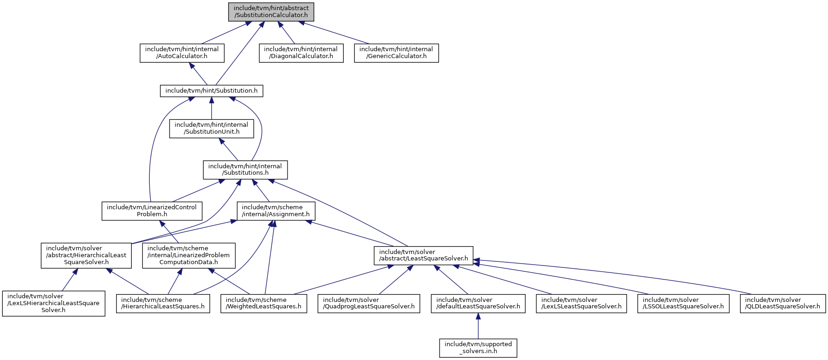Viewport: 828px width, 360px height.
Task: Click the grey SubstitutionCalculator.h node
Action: [271, 12]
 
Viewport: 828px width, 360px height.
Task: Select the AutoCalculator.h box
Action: [182, 53]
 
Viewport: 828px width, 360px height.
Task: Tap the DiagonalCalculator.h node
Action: [301, 53]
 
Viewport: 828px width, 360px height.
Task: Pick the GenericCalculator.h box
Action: [396, 53]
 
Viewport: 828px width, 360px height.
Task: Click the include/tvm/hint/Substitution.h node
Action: [211, 90]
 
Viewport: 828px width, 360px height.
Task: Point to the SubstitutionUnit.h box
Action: [211, 128]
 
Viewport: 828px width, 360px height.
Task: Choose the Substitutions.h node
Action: [245, 170]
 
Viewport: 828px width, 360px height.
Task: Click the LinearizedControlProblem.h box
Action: [152, 211]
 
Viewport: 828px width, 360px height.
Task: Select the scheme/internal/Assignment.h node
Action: [276, 211]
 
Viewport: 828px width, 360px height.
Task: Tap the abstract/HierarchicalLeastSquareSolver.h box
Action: [86, 255]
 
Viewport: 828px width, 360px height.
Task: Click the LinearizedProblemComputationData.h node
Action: [189, 255]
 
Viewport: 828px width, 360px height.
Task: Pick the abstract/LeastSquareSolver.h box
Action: [423, 255]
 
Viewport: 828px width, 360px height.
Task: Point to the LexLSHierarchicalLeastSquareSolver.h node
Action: [53, 303]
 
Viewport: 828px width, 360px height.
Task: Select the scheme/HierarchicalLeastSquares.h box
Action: [163, 303]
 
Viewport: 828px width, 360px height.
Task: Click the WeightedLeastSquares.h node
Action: [264, 303]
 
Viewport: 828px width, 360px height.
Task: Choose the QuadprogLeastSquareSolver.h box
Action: [369, 303]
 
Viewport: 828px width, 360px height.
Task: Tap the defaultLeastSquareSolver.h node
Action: [478, 303]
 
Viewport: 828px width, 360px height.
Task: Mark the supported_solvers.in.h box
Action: [478, 348]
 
